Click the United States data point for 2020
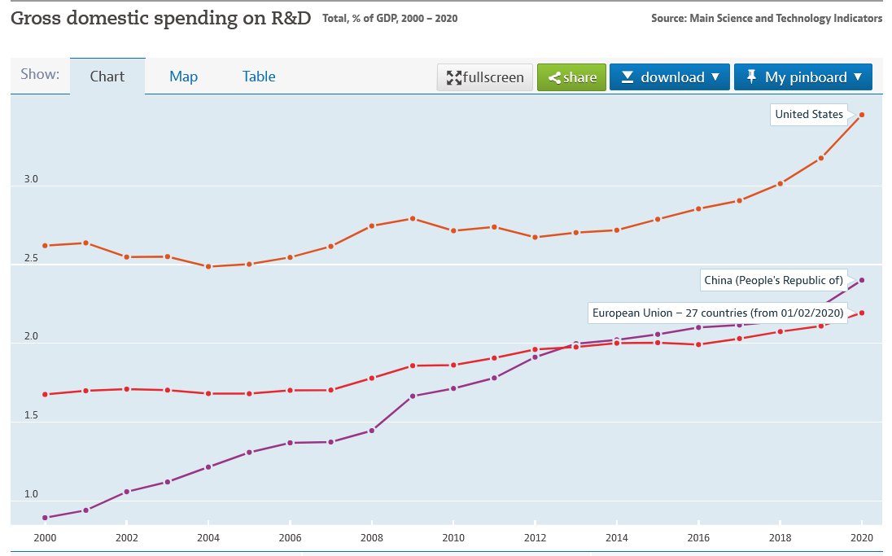[x=861, y=115]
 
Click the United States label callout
[x=808, y=115]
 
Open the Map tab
[x=183, y=77]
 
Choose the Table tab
[x=259, y=77]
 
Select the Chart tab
[x=107, y=77]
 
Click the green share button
[x=571, y=77]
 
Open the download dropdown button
[x=671, y=77]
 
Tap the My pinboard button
[x=802, y=77]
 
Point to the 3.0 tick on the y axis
[x=31, y=179]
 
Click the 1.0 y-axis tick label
[x=31, y=494]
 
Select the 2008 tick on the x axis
[x=371, y=538]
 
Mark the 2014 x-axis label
[x=616, y=538]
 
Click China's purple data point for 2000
[x=45, y=517]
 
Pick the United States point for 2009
[x=413, y=218]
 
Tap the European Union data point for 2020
[x=861, y=313]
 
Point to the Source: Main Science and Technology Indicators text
[x=766, y=18]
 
